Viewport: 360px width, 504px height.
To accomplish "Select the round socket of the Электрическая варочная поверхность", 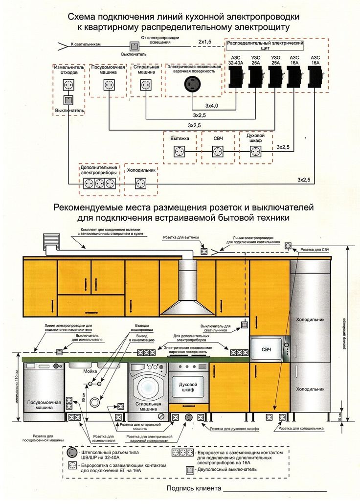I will click(191, 85).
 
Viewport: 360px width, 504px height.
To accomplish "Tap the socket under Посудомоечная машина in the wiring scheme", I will click(109, 85).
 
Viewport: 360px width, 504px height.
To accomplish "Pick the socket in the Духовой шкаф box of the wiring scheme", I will click(255, 152).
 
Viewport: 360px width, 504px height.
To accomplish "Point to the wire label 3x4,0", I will click(212, 106).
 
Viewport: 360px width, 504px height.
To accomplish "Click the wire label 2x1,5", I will click(205, 43).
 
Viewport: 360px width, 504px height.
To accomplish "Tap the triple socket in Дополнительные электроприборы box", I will click(99, 184).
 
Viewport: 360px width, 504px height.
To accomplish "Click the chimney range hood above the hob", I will click(187, 294).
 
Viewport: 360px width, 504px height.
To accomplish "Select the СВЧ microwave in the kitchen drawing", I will click(267, 349).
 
